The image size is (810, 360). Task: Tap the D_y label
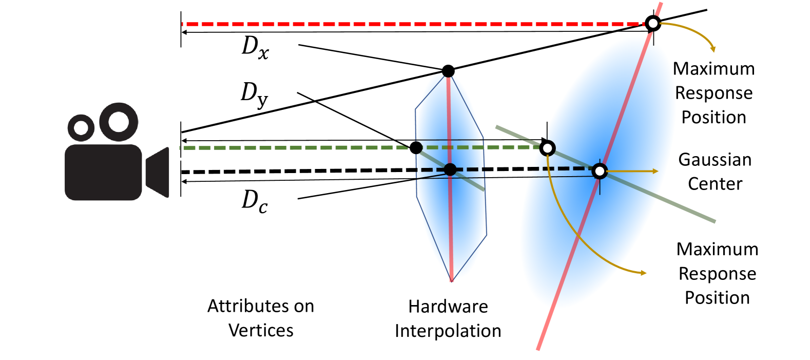[x=255, y=94]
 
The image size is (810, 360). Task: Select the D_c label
[x=255, y=201]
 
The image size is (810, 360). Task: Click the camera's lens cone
[x=159, y=172]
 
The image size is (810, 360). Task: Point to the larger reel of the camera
[x=119, y=122]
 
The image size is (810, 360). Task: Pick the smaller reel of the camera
[x=81, y=127]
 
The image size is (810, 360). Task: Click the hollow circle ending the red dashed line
[x=652, y=23]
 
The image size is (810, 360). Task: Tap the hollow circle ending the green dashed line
[x=547, y=148]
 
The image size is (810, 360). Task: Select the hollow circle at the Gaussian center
[x=600, y=171]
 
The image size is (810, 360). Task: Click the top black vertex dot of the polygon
[x=448, y=71]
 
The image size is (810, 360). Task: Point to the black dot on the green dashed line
[x=416, y=148]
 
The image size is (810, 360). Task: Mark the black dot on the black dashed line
[x=450, y=169]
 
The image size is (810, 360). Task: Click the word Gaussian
[x=715, y=160]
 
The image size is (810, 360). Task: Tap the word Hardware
[x=448, y=307]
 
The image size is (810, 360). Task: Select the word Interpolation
[x=448, y=331]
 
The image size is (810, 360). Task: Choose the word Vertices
[x=261, y=330]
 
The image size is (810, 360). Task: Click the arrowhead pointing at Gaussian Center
[x=655, y=171]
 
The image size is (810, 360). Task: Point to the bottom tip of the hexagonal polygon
[x=452, y=281]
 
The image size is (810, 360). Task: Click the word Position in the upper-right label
[x=713, y=117]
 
